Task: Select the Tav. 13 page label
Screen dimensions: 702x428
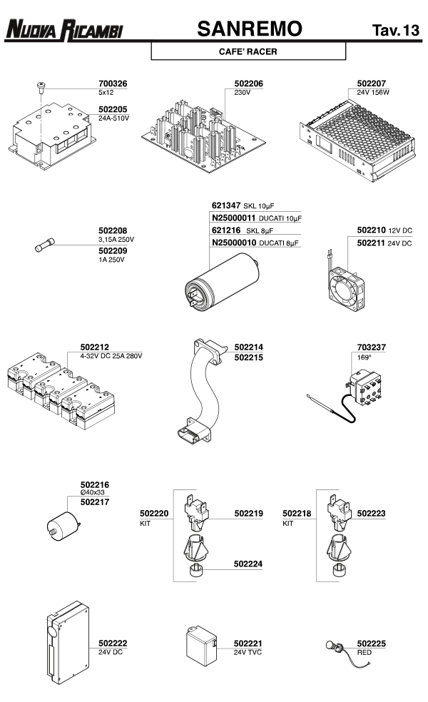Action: (395, 30)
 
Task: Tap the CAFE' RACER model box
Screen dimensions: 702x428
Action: (248, 51)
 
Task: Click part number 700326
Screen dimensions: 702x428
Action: (113, 83)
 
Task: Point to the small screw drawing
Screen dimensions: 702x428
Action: (40, 87)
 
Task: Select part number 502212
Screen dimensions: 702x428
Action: (83, 347)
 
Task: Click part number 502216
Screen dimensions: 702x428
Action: (95, 484)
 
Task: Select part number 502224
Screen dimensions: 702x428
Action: (248, 564)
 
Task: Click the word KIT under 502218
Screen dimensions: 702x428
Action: (288, 523)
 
